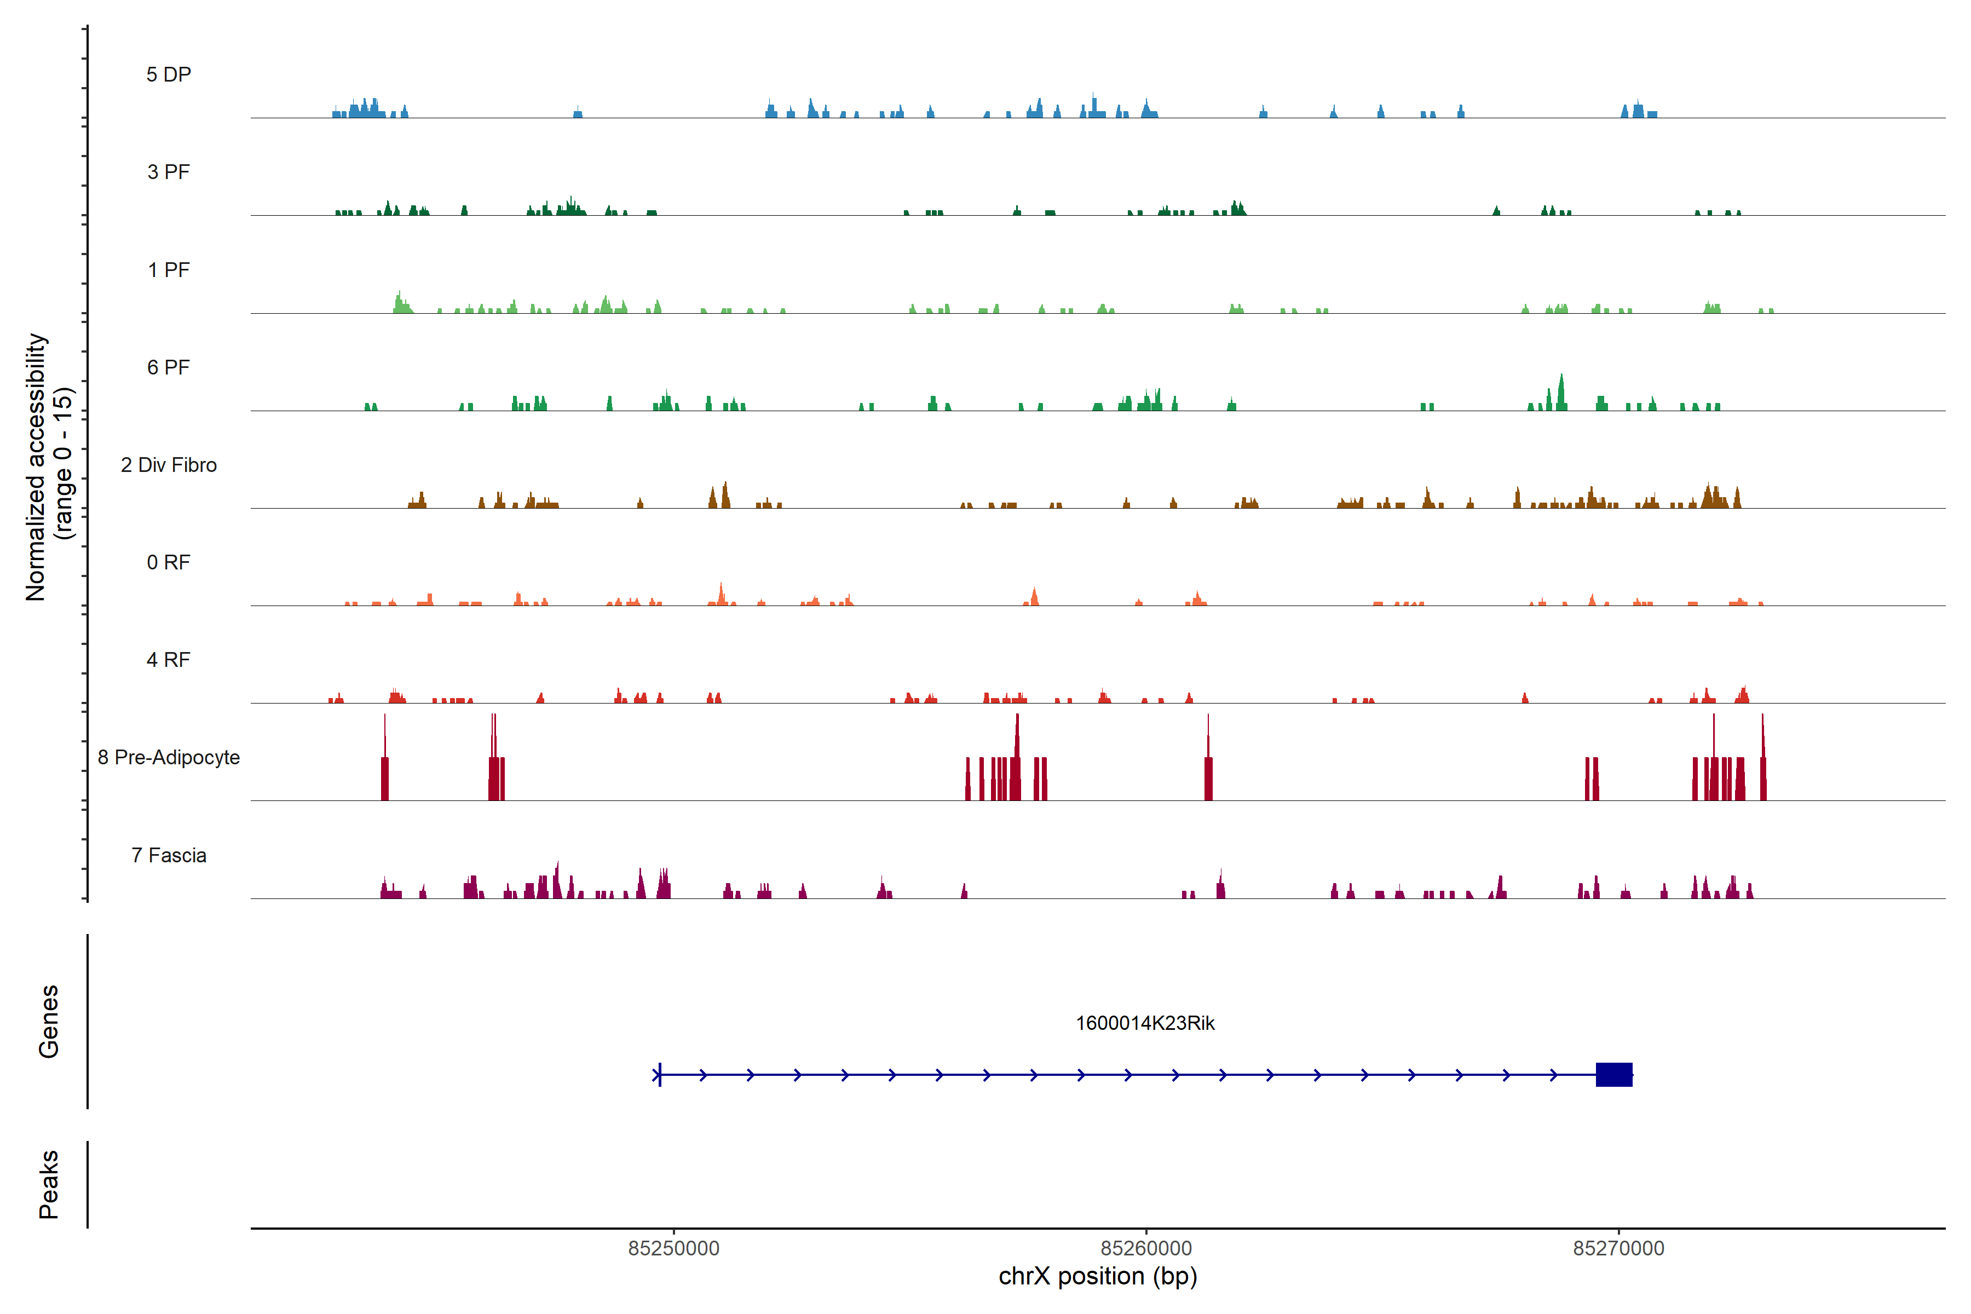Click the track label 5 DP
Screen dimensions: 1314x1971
tap(169, 74)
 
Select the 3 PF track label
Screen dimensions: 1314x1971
tap(169, 172)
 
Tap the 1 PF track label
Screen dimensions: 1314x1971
tap(169, 270)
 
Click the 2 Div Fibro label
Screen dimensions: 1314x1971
tap(169, 465)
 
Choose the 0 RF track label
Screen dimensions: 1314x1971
tap(169, 562)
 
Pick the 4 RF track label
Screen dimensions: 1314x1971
tap(169, 660)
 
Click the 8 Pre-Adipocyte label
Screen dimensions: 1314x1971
tap(169, 758)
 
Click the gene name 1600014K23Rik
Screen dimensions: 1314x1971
tap(1145, 1023)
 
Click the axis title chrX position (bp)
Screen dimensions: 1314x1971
tap(1098, 1276)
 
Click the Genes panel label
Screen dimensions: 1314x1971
tap(49, 1022)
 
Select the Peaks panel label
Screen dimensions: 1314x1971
tap(49, 1184)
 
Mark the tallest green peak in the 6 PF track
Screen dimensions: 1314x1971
tap(1561, 392)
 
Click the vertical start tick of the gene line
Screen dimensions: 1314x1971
tap(660, 1074)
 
